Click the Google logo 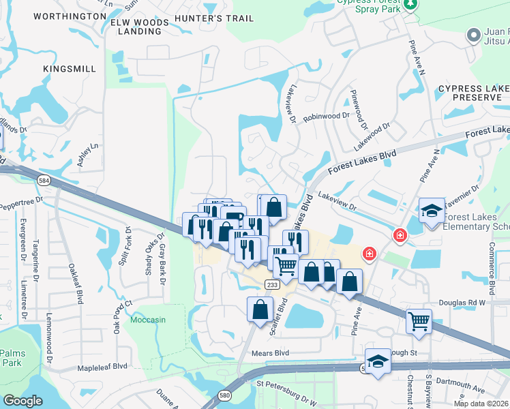tap(22, 401)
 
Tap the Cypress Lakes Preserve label tap(473, 93)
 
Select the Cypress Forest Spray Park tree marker tap(410, 6)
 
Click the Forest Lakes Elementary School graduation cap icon tap(431, 211)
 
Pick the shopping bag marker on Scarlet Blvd tap(260, 309)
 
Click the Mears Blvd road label tap(271, 353)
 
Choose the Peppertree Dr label tap(21, 201)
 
